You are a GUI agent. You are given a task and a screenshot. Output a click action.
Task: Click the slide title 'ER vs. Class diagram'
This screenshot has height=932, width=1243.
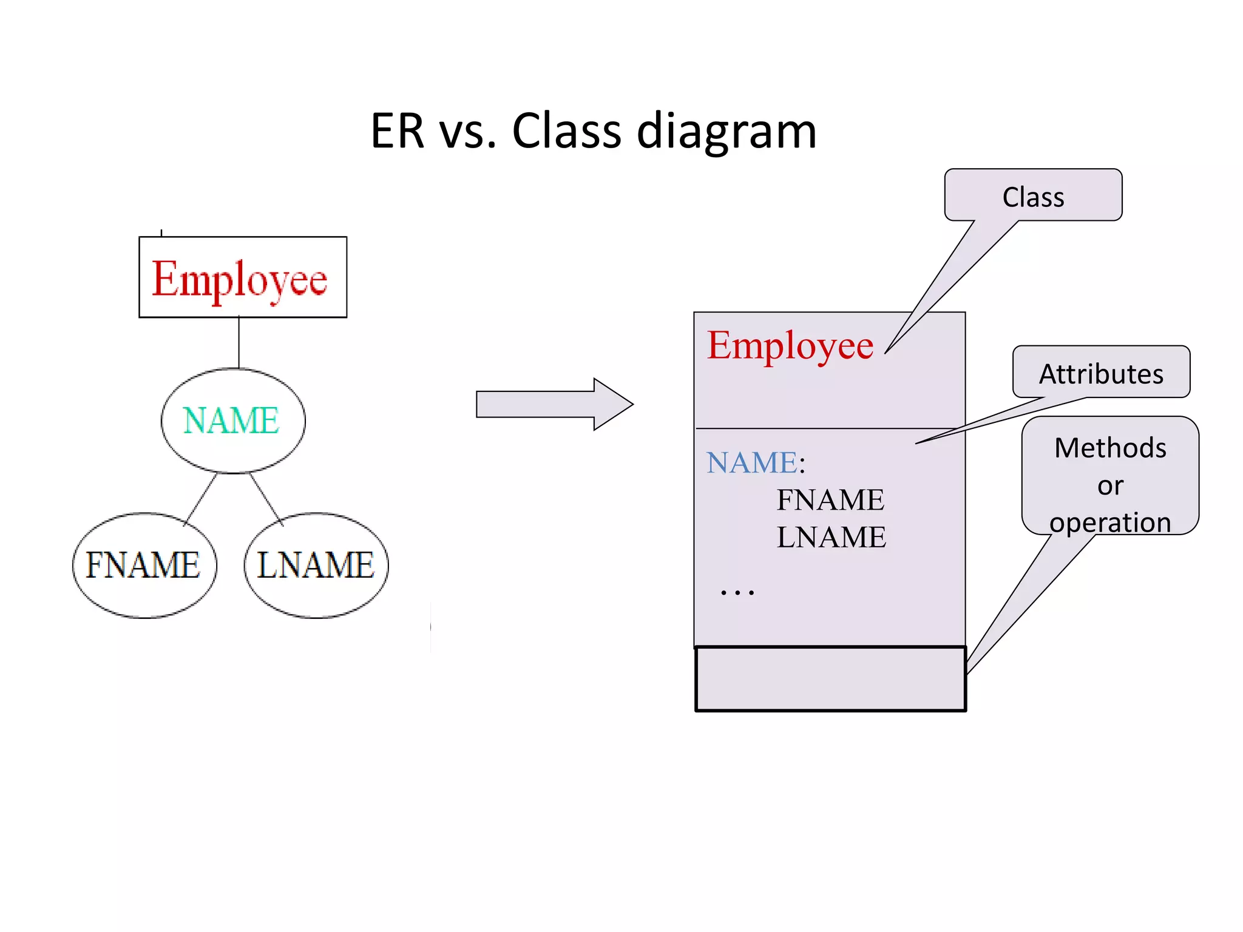tap(593, 131)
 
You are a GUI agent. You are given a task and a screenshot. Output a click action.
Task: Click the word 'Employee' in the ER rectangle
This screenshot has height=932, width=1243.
tap(240, 279)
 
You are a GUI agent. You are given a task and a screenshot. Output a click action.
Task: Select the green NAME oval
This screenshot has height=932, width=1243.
tap(232, 420)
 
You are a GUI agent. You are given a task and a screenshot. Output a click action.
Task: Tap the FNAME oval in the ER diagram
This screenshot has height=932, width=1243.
tap(143, 565)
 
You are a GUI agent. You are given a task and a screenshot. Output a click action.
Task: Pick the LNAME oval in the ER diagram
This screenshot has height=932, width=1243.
tap(316, 565)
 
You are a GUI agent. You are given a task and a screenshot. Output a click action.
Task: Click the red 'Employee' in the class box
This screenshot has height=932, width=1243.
tap(790, 346)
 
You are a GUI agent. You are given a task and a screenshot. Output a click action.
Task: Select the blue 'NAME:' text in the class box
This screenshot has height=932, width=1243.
tap(755, 463)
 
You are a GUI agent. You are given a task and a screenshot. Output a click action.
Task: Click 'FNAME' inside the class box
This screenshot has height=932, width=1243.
tap(830, 501)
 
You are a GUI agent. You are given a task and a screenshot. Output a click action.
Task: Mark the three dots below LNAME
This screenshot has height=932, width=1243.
tap(737, 592)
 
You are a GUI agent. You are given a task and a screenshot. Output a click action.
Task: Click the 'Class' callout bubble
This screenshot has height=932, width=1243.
tap(1033, 197)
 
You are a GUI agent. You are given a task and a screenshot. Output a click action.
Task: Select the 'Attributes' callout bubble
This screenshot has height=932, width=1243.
tap(1101, 373)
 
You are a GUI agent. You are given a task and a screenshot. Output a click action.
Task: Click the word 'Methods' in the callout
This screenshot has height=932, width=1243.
tap(1110, 448)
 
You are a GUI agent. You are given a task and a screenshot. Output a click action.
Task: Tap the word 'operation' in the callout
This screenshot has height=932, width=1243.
tap(1110, 522)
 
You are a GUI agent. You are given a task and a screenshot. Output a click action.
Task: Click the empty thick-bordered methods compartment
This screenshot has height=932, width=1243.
tap(830, 678)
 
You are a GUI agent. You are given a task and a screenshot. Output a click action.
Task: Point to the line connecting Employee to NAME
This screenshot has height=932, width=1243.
tap(239, 343)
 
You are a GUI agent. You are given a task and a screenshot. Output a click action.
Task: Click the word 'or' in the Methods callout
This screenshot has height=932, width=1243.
tap(1110, 486)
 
